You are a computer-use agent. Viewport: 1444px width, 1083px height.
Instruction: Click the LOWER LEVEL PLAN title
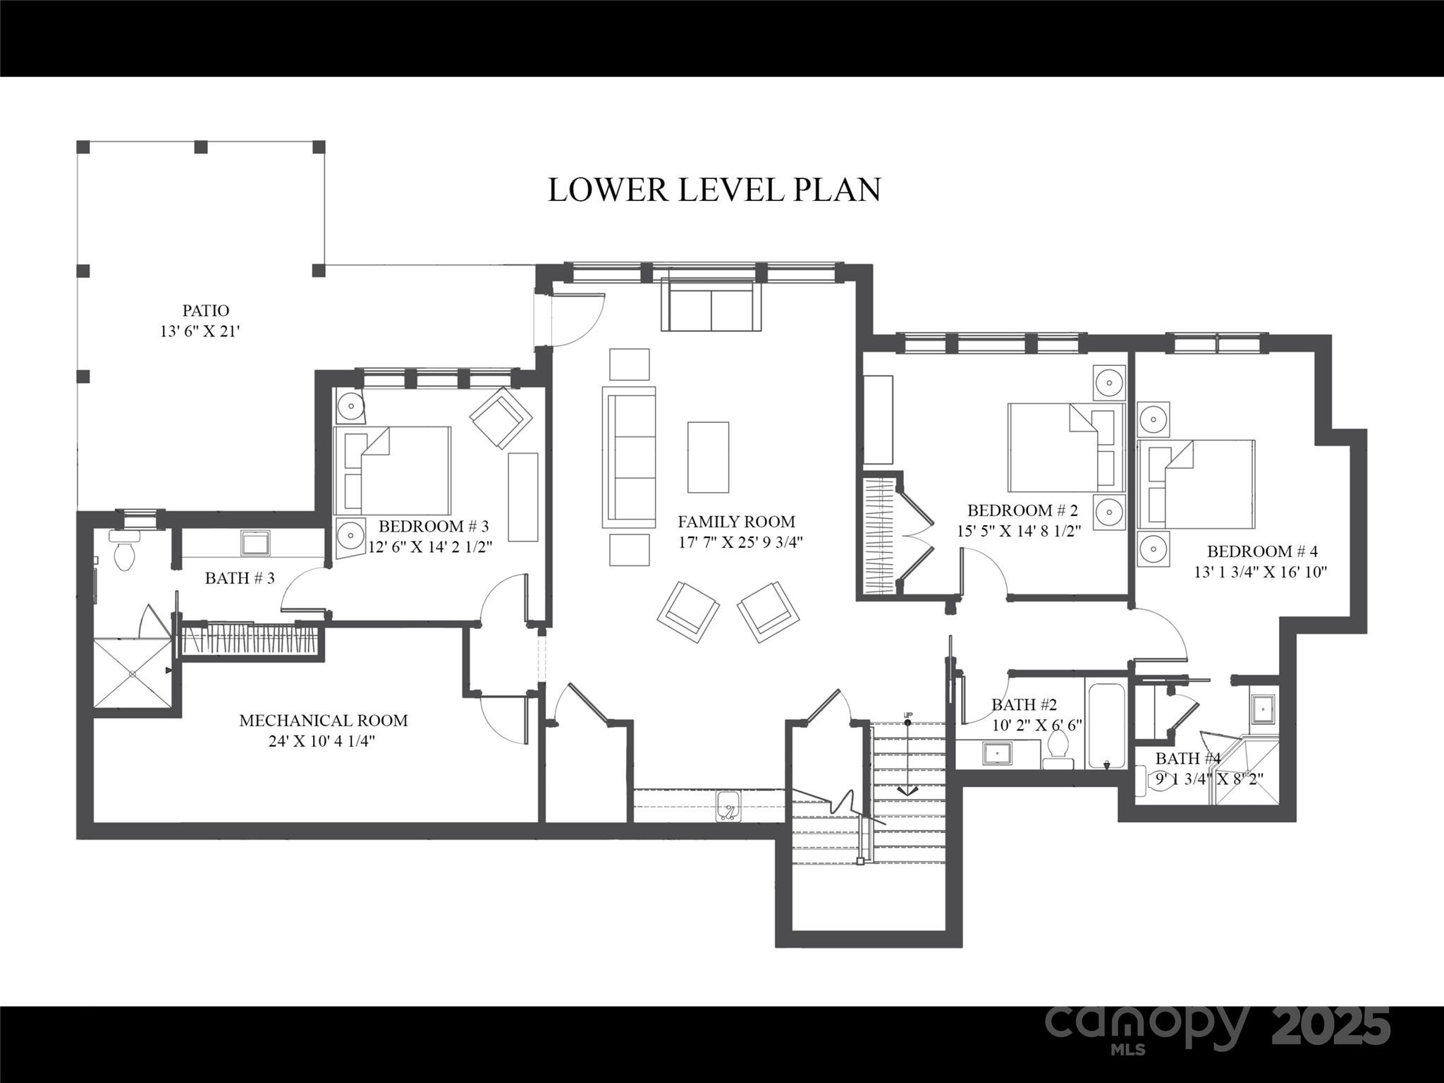(714, 190)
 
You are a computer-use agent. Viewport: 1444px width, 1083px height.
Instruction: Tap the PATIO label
(206, 311)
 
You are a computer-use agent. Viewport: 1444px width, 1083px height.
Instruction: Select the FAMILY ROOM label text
(736, 522)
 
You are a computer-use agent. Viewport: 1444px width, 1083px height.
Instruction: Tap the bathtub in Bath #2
(1106, 726)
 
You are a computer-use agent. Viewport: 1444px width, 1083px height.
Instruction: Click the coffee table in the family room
(708, 457)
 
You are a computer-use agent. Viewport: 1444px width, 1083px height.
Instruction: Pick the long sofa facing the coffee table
(628, 457)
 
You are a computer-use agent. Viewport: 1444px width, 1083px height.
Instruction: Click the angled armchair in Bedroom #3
(501, 417)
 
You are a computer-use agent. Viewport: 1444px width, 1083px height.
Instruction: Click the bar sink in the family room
(728, 805)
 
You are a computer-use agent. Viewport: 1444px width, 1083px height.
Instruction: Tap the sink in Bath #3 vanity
(255, 544)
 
